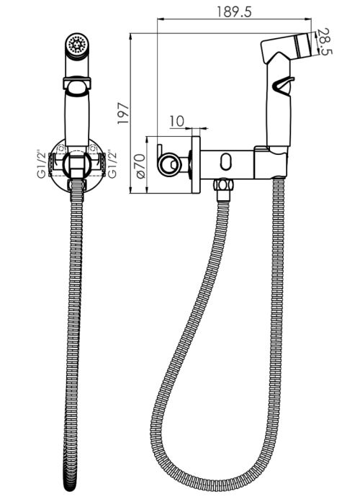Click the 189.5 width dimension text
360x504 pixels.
point(234,12)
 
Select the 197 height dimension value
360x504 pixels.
point(123,114)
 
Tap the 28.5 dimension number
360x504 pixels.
point(325,42)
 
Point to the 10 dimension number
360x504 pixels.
point(177,121)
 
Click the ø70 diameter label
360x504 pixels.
point(141,166)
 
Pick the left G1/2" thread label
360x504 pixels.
point(42,164)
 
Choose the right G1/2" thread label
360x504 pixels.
point(112,164)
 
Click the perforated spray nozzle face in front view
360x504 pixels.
point(77,44)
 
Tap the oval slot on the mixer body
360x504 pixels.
point(227,161)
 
